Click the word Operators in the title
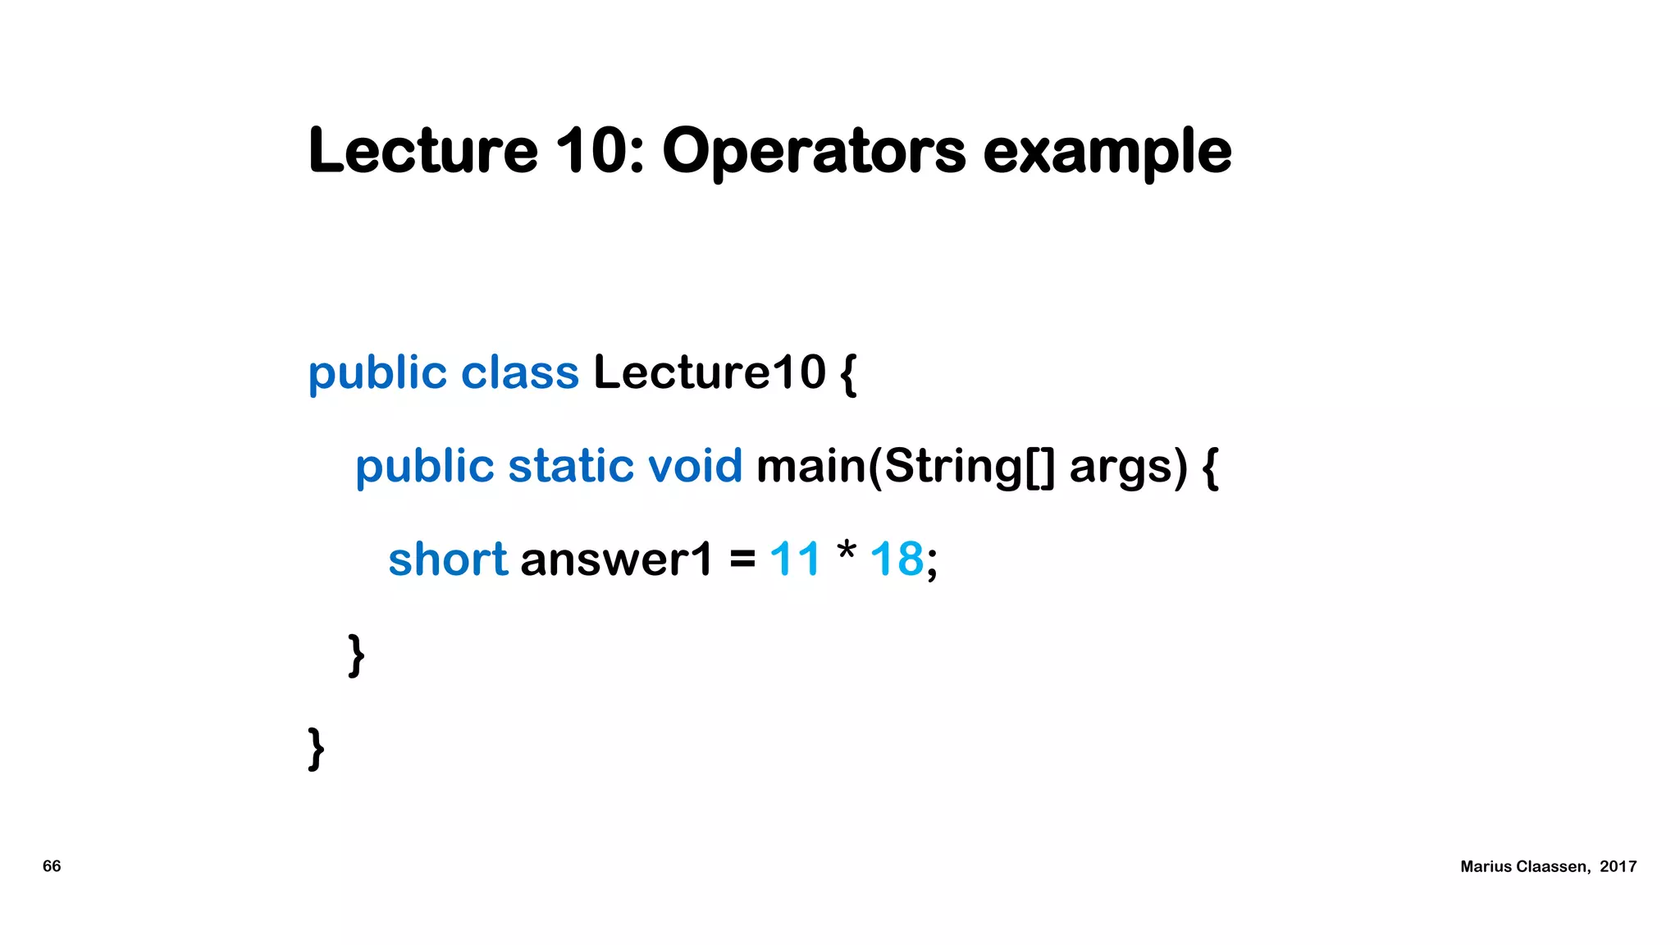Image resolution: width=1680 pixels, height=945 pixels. click(x=814, y=153)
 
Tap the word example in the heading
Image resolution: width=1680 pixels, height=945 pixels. click(x=1107, y=153)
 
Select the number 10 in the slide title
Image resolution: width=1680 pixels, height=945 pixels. click(x=591, y=151)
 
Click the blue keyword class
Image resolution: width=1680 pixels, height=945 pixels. click(x=519, y=373)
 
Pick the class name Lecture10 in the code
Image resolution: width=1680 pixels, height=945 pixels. click(x=709, y=373)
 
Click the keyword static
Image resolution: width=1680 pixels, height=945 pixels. click(x=571, y=466)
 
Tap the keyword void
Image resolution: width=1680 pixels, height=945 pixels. click(x=695, y=466)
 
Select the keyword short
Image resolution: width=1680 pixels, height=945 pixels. click(x=448, y=559)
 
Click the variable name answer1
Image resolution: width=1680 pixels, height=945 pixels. click(x=616, y=560)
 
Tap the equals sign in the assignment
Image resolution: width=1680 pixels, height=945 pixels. click(x=742, y=560)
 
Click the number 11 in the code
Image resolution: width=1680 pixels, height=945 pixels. click(x=794, y=559)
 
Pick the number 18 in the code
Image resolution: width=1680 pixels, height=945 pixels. click(x=897, y=559)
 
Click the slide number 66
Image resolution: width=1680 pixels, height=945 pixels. click(x=52, y=866)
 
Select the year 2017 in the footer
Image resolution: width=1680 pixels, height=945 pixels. click(x=1618, y=866)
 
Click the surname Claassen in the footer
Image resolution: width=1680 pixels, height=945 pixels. click(x=1553, y=866)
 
